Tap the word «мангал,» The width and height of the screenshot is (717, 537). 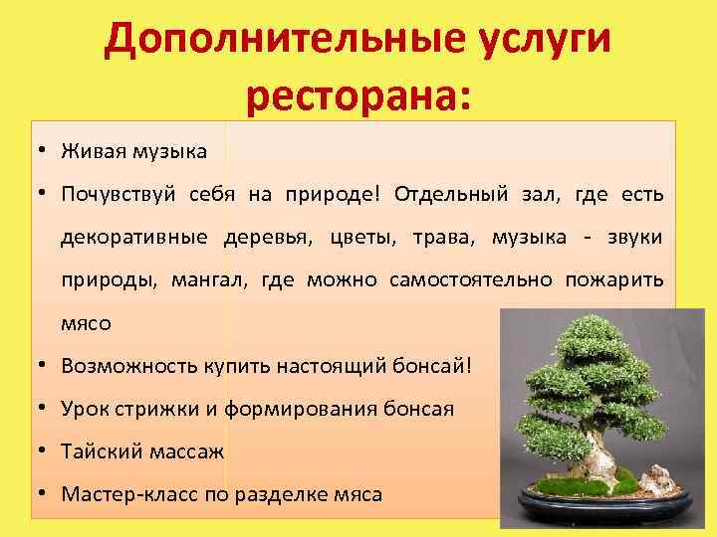click(x=209, y=280)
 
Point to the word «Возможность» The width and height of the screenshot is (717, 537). click(x=123, y=365)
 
